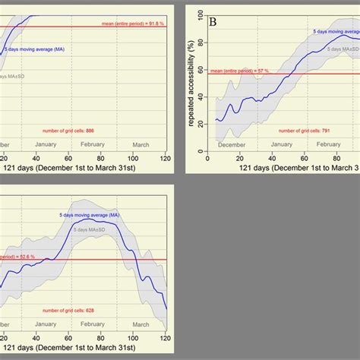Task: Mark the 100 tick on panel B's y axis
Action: (x=199, y=14)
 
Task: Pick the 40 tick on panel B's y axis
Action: (x=199, y=96)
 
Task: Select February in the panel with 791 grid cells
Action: (x=329, y=144)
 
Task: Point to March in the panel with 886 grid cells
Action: (x=141, y=144)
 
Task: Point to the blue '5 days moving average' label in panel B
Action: (x=334, y=33)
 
